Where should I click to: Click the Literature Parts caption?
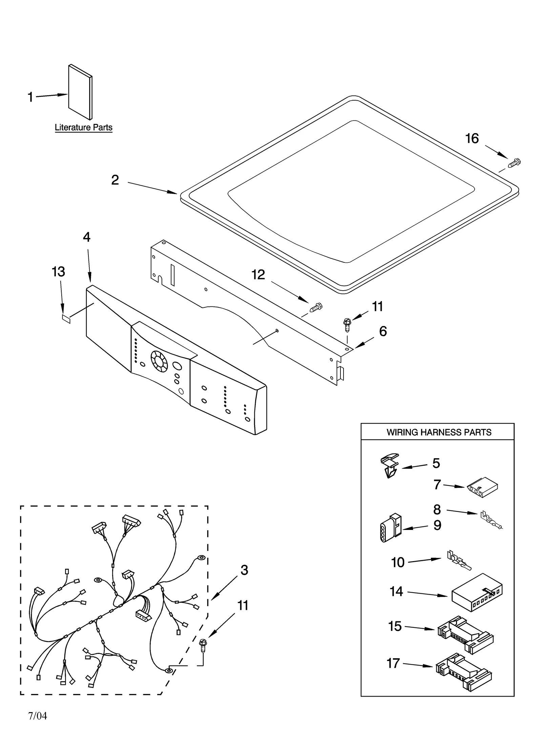click(83, 128)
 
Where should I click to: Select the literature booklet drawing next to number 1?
click(80, 92)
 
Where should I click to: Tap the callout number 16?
click(472, 138)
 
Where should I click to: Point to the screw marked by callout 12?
click(315, 307)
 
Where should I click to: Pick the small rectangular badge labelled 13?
click(66, 318)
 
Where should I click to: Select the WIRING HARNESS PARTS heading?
click(439, 432)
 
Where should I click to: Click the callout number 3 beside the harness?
click(244, 570)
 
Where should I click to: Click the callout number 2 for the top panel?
click(115, 180)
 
